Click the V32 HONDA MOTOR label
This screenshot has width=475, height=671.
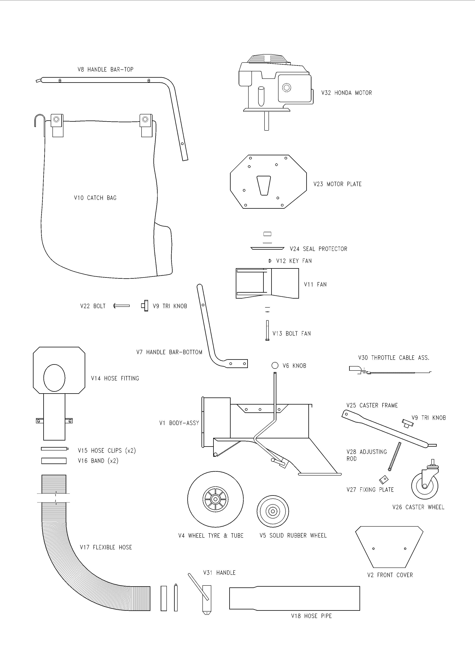click(x=346, y=93)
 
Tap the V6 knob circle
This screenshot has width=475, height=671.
click(x=275, y=365)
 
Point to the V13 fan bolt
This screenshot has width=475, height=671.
click(x=267, y=331)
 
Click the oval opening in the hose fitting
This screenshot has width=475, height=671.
click(x=54, y=378)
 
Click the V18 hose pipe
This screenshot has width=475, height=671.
click(x=294, y=598)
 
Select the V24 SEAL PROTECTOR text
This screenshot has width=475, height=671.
click(x=319, y=249)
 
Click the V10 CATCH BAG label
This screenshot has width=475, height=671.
click(x=95, y=198)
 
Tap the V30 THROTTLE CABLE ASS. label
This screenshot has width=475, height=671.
click(x=394, y=358)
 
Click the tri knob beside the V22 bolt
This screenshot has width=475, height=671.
click(x=145, y=306)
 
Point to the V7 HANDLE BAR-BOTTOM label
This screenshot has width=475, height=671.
click(x=169, y=352)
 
